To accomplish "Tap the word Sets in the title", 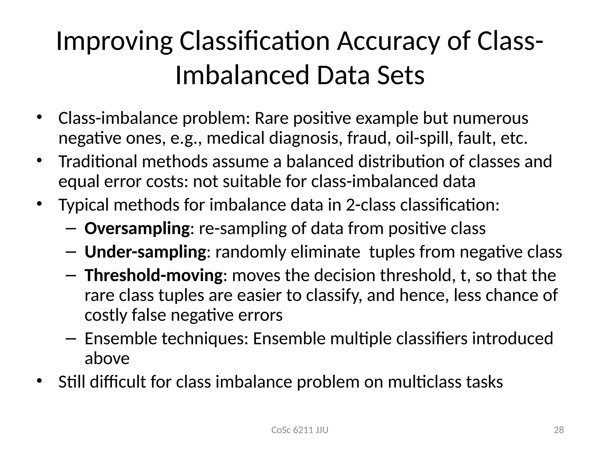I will pyautogui.click(x=400, y=75).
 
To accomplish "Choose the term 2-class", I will pyautogui.click(x=371, y=205).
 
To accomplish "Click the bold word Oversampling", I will pyautogui.click(x=137, y=229).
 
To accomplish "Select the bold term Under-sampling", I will pyautogui.click(x=146, y=252).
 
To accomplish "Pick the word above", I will pyautogui.click(x=107, y=359).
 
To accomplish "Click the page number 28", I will pyautogui.click(x=559, y=430).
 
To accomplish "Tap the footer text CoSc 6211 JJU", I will pyautogui.click(x=300, y=430).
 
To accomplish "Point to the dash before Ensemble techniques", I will pyautogui.click(x=71, y=339).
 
